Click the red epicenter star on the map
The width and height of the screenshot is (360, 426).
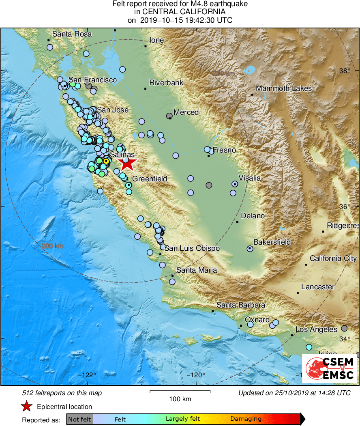point(126,164)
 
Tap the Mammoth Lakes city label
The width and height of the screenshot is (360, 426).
point(284,88)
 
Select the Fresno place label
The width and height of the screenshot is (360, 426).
point(224,150)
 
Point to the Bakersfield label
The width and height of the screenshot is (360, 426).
point(272,242)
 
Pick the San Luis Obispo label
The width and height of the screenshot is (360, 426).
point(192,248)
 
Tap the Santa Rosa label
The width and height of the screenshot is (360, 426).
point(72,34)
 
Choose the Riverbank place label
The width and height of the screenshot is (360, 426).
point(166,83)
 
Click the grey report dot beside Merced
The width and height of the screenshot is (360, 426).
point(169,116)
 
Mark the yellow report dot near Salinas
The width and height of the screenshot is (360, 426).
point(106,161)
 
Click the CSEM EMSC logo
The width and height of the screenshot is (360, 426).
point(329,369)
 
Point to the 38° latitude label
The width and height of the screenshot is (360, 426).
point(345,71)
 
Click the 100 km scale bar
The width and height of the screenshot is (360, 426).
point(180,391)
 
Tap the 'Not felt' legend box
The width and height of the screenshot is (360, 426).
point(80,419)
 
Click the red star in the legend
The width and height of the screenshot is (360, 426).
point(27,406)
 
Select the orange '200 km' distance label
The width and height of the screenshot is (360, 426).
point(52,246)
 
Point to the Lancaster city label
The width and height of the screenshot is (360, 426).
point(318,287)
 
